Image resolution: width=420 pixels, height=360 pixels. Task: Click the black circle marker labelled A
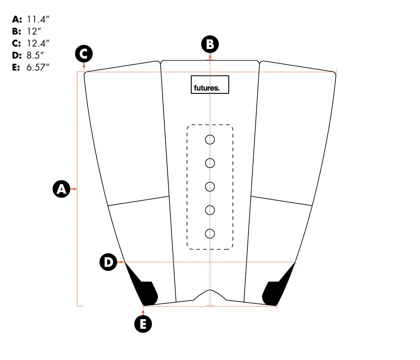[61, 189]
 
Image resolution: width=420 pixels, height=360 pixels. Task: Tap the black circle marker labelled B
[210, 44]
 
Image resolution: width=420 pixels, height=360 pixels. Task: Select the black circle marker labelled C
[84, 54]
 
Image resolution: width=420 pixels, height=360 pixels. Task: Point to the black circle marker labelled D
[108, 262]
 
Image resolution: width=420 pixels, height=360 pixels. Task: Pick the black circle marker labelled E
[143, 324]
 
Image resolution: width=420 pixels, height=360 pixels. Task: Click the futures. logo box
[210, 85]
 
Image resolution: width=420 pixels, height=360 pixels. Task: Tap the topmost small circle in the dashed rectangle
[210, 139]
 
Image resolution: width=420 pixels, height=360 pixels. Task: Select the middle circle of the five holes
[210, 187]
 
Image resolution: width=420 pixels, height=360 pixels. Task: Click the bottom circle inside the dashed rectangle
[210, 234]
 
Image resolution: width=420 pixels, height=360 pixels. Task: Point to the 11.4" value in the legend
[38, 19]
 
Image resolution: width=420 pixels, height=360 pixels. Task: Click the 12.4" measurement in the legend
[38, 43]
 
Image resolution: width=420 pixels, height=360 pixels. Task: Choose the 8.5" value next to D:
[35, 55]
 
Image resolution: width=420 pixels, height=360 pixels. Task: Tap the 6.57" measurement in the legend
[38, 67]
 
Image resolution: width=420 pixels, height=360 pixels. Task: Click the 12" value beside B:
[34, 31]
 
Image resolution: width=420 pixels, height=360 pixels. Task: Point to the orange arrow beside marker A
[73, 189]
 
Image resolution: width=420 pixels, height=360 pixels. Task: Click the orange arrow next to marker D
[121, 262]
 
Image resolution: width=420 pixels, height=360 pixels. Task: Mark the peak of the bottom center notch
[210, 290]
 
